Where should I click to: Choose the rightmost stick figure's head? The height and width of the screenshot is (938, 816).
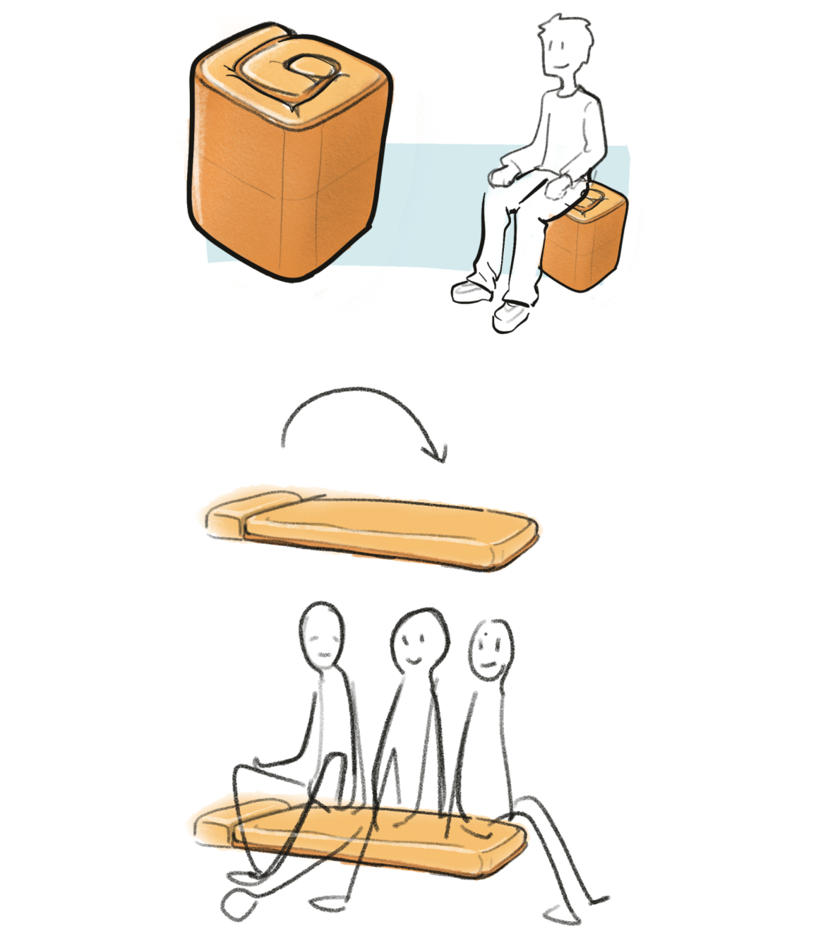[491, 649]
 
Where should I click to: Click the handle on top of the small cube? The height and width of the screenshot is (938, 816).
[590, 205]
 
